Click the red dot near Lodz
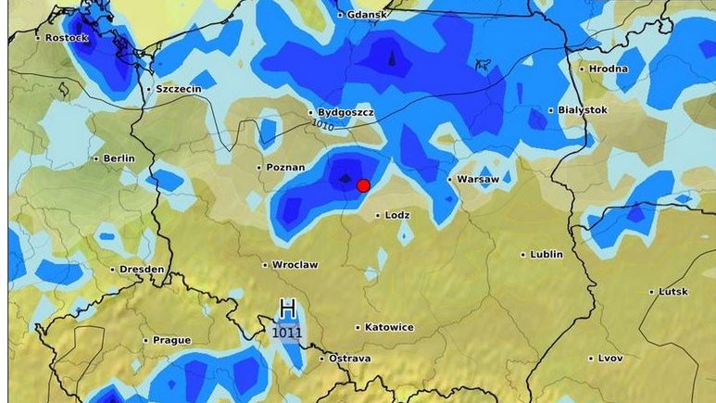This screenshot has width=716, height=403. [x=363, y=185]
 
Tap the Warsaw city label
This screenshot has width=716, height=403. [x=478, y=179]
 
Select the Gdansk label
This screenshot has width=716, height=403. [x=367, y=15]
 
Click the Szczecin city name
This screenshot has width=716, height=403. [x=179, y=89]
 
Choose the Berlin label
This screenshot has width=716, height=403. [x=119, y=158]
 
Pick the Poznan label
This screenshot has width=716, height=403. [x=285, y=168]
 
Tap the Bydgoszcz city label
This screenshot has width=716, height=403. [x=345, y=111]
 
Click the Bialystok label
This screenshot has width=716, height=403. [x=583, y=109]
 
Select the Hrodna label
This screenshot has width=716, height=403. [x=608, y=69]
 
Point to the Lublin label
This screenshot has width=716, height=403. [x=546, y=254]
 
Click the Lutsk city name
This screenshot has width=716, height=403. [x=673, y=292]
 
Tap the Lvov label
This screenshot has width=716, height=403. [x=610, y=358]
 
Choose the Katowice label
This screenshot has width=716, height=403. [x=389, y=327]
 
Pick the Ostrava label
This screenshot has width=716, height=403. [x=350, y=359]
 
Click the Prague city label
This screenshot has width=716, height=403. [x=171, y=340]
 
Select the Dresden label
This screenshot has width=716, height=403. [x=143, y=270]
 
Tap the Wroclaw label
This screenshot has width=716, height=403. [x=295, y=265]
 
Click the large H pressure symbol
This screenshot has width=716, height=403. [x=287, y=309]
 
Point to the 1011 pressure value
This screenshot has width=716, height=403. [x=287, y=332]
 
